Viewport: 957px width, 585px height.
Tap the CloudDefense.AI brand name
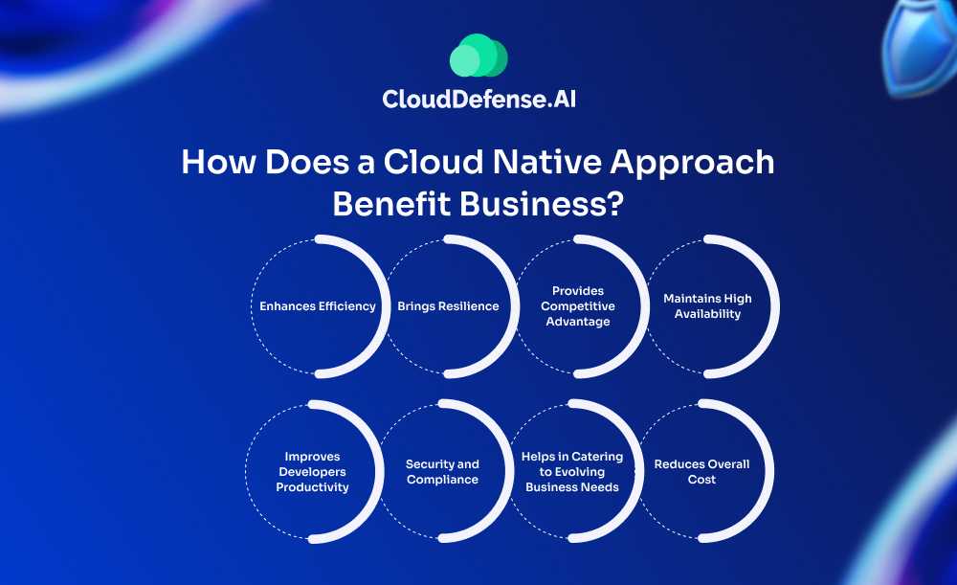tap(479, 99)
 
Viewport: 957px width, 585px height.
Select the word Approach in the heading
tap(692, 164)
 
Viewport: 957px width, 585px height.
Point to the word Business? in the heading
tap(542, 203)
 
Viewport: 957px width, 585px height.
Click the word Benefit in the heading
tap(391, 203)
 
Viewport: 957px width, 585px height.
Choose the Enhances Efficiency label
tap(318, 306)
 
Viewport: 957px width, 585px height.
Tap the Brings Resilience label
tap(448, 306)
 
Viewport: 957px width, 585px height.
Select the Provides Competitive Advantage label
tap(578, 306)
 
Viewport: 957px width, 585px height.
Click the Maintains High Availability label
tap(707, 306)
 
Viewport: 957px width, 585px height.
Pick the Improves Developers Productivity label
tap(313, 471)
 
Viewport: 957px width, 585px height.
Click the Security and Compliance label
tap(442, 471)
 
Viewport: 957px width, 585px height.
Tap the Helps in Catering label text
tap(572, 456)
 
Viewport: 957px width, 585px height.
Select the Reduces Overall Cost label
tap(701, 471)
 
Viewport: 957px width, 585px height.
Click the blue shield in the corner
tap(922, 46)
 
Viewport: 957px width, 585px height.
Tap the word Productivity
tap(313, 487)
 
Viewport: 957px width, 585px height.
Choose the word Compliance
tap(442, 480)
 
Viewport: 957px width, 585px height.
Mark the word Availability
tap(707, 314)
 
